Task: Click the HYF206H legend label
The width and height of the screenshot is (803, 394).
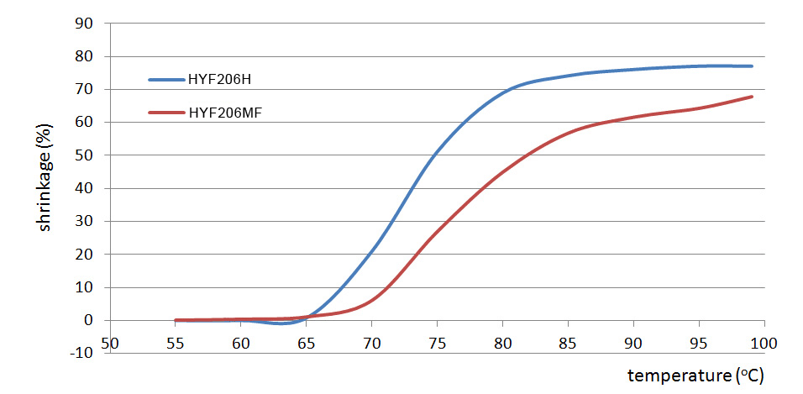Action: tap(221, 80)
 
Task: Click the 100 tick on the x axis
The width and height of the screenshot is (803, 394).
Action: tap(764, 344)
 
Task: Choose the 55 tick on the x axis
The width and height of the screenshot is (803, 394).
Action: tap(176, 344)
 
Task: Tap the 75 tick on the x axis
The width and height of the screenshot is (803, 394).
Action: tap(437, 344)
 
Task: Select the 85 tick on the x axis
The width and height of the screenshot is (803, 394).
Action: tap(568, 344)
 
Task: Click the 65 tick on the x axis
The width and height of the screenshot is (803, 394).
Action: tap(307, 344)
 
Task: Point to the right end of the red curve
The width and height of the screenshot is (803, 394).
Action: tap(752, 97)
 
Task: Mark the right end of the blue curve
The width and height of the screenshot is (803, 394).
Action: tap(752, 66)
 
